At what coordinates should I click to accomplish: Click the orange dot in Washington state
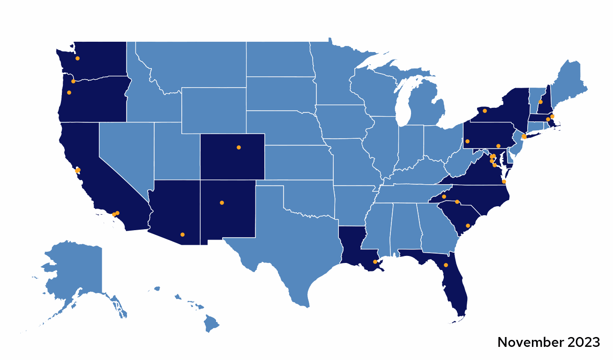pos(77,59)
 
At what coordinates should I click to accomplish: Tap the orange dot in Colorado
pos(239,148)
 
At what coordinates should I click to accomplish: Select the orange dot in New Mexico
pos(222,203)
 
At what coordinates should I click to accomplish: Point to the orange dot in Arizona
pos(182,234)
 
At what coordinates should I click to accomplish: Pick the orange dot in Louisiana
pos(375,262)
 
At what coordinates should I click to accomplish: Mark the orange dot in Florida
pos(446,265)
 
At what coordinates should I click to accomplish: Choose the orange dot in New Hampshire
pos(540,102)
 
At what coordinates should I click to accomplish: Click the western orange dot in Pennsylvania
pos(467,141)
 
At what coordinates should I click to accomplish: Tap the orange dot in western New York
pos(485,111)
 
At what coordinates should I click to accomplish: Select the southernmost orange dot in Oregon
pos(69,92)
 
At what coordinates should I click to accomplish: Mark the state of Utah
pos(176,150)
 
